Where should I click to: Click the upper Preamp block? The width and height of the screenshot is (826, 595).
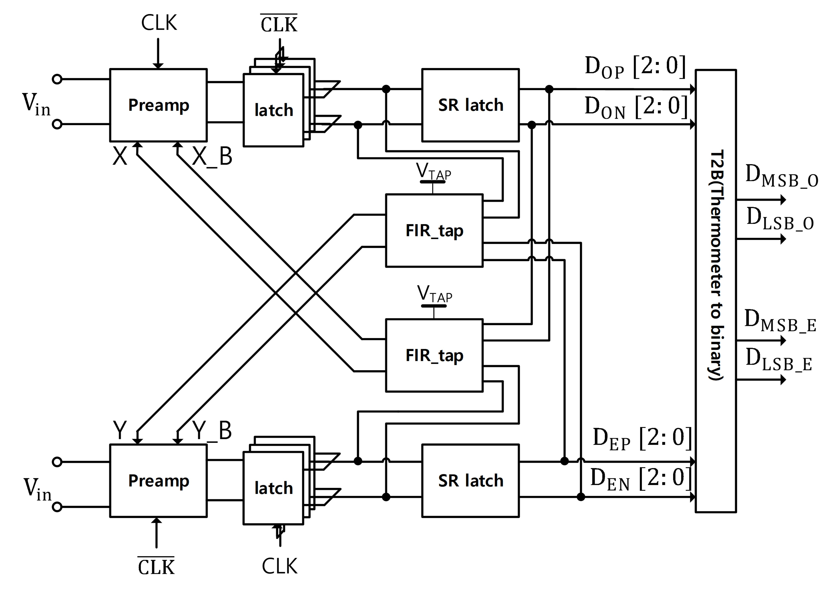point(159,105)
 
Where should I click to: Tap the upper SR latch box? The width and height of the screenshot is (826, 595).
point(470,105)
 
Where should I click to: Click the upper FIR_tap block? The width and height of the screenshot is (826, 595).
point(434,231)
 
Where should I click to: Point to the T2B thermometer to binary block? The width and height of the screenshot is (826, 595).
point(716,291)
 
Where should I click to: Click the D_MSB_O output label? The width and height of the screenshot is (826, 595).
point(781,176)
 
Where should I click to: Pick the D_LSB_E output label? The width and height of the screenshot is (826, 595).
point(779,360)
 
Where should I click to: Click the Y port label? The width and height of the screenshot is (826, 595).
point(120,430)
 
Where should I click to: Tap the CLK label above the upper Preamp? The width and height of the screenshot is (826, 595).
point(159,23)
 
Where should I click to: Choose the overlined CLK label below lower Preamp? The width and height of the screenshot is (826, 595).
point(156,567)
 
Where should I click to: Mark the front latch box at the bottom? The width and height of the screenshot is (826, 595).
point(273,488)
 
